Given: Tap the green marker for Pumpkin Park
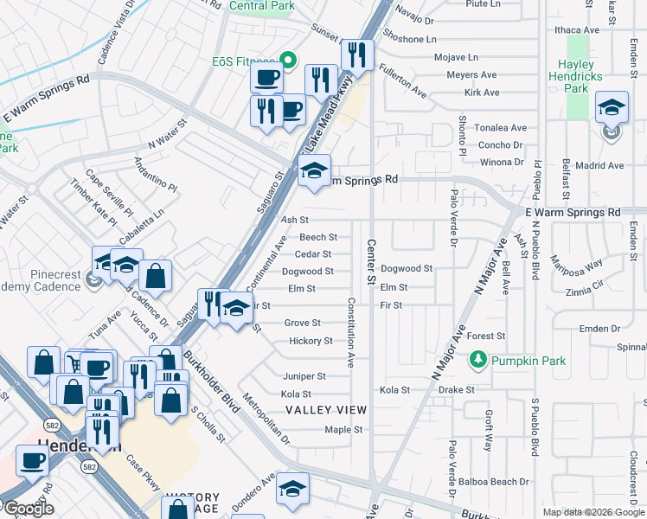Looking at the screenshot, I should tap(476, 357).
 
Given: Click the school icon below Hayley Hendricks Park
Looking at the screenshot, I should tap(612, 108).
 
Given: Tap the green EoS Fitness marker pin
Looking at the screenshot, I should tap(288, 61).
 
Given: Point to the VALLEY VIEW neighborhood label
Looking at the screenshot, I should tap(326, 409).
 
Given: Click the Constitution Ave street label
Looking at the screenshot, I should tap(351, 332).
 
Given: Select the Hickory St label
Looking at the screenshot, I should tap(311, 341).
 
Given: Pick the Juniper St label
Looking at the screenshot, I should tap(304, 376).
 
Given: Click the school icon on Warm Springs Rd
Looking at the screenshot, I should tap(314, 171).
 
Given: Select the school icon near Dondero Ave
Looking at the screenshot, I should tap(293, 490).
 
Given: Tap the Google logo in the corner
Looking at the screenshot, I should tap(28, 509).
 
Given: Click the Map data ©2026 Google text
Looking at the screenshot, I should tap(593, 512).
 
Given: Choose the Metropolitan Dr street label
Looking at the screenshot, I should tap(266, 419).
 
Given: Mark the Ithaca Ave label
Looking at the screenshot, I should tap(579, 29).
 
